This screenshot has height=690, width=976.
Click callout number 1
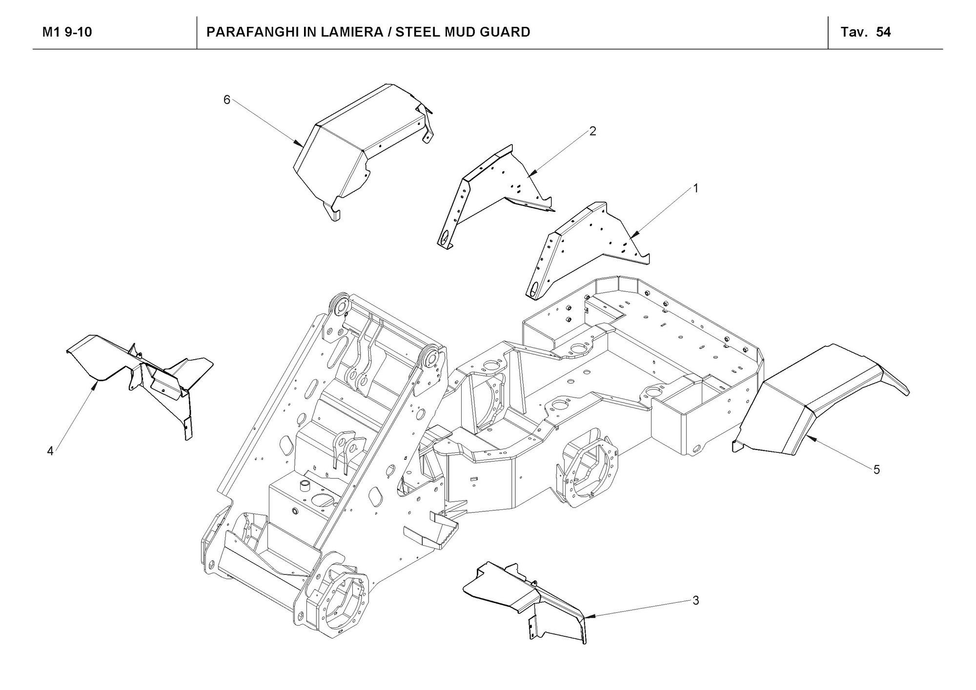[x=696, y=188]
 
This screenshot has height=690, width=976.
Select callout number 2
[x=592, y=131]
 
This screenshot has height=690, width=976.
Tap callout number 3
[x=696, y=600]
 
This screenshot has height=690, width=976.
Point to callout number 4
[x=50, y=451]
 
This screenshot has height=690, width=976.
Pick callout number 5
[x=876, y=469]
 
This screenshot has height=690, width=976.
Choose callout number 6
[x=227, y=100]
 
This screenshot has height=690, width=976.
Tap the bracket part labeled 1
[x=581, y=244]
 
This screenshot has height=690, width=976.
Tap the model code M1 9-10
[x=67, y=32]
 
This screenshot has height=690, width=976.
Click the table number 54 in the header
[x=883, y=32]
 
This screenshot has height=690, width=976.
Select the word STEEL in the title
[x=417, y=32]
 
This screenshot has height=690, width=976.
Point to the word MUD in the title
[x=461, y=32]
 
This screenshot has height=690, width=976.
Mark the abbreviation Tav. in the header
[x=854, y=32]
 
